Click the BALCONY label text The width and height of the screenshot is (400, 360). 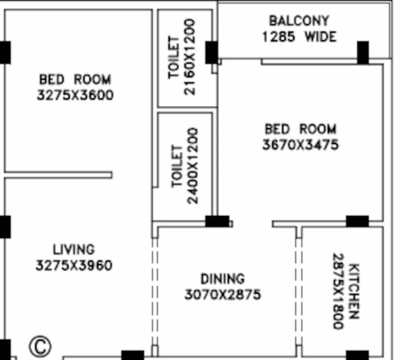[299, 21]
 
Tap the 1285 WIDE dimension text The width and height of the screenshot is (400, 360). [299, 37]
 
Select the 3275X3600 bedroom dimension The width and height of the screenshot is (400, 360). [75, 95]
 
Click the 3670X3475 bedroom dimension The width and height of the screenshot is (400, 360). [300, 145]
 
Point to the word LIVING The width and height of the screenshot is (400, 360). [74, 249]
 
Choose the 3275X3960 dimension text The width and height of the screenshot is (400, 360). [74, 266]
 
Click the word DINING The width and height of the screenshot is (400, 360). [222, 279]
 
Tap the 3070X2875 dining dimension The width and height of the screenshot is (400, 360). [222, 295]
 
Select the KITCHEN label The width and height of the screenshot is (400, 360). [355, 291]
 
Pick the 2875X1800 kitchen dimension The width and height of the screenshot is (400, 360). [339, 291]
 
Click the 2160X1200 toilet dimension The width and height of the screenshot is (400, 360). [190, 57]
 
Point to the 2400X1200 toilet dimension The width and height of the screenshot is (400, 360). [193, 165]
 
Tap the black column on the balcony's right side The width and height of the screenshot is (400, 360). [363, 52]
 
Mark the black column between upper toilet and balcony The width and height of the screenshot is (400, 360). [211, 52]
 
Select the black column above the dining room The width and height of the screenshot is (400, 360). [217, 221]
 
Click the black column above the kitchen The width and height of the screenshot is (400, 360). [357, 221]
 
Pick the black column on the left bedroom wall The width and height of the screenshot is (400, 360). [5, 52]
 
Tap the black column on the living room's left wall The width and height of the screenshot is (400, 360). [5, 227]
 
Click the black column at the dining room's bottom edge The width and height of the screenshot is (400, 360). [133, 355]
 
